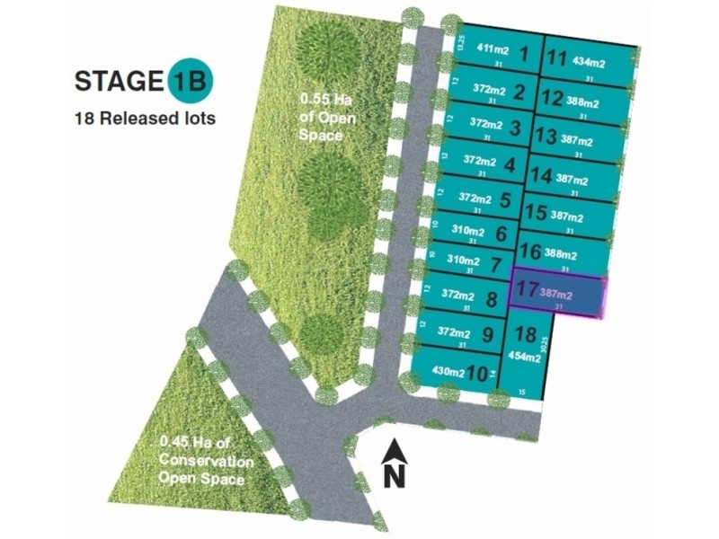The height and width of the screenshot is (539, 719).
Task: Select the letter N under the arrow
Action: click(x=392, y=476)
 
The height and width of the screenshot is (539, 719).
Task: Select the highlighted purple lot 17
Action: click(x=558, y=295)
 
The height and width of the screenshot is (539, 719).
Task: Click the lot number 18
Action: click(x=526, y=335)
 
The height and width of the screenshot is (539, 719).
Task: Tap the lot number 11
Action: click(x=558, y=60)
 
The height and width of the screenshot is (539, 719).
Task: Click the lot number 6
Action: click(x=502, y=234)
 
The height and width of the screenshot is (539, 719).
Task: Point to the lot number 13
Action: click(x=545, y=137)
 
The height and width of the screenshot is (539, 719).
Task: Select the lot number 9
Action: click(x=488, y=334)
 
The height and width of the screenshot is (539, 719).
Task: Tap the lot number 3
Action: click(x=515, y=127)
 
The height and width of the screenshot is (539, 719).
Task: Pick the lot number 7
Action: click(x=496, y=266)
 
